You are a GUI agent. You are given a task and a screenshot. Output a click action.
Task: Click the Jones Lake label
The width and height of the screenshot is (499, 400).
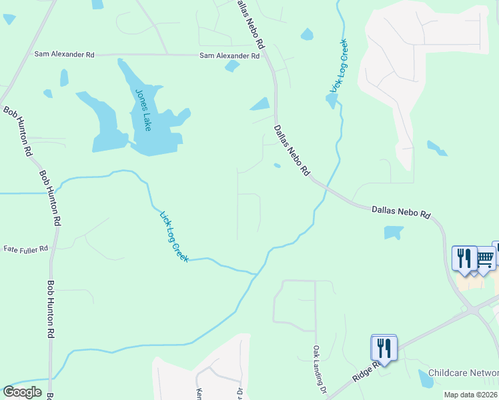(x=144, y=109)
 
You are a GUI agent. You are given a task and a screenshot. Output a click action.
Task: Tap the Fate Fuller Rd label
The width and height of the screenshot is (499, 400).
(x=26, y=249)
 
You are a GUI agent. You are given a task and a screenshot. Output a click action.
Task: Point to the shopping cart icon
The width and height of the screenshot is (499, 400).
(x=485, y=257)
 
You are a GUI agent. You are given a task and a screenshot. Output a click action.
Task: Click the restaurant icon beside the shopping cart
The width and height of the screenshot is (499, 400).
(x=464, y=257)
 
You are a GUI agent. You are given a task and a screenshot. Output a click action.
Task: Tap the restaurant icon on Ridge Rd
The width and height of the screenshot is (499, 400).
(x=384, y=347)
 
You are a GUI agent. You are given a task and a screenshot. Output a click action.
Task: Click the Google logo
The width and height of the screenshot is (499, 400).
(x=22, y=391)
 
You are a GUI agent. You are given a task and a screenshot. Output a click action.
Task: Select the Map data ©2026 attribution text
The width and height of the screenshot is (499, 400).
(x=470, y=395)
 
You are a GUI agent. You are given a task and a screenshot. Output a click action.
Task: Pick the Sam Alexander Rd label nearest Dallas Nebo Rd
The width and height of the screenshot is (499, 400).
(x=229, y=56)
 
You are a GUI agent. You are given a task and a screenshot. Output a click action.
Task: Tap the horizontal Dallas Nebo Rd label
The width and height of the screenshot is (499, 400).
(x=401, y=212)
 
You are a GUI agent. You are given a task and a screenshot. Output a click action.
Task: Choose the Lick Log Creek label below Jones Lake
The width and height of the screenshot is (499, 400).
(x=174, y=236)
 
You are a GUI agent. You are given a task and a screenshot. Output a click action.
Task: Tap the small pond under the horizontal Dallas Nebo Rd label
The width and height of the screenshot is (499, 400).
(x=393, y=233)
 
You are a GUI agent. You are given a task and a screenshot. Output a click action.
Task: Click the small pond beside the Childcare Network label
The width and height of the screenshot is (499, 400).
(x=426, y=379)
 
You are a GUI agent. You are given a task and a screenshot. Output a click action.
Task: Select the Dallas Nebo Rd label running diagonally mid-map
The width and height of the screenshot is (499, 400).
(x=292, y=150)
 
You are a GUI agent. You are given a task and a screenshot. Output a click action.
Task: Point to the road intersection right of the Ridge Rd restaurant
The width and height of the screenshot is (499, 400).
(x=473, y=311)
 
